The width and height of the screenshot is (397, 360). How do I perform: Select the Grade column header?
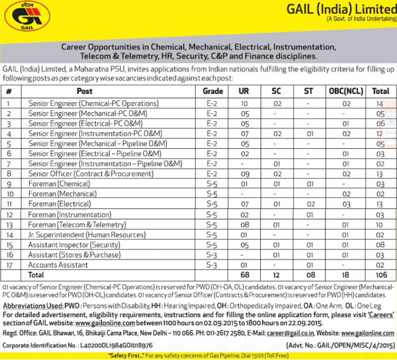pos(211,91)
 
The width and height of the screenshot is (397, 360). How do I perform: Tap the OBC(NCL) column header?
pos(345,91)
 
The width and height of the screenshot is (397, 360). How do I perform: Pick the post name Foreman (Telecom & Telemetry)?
pos(76,224)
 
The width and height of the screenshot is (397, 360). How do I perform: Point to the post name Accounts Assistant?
pos(58,264)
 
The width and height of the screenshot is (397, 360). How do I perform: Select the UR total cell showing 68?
pos(245,274)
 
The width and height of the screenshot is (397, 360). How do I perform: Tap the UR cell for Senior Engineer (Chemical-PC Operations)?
pos(244,103)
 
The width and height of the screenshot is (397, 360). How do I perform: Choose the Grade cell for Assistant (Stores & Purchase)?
pos(211,254)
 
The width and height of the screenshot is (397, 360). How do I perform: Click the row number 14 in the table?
pos(9,234)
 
